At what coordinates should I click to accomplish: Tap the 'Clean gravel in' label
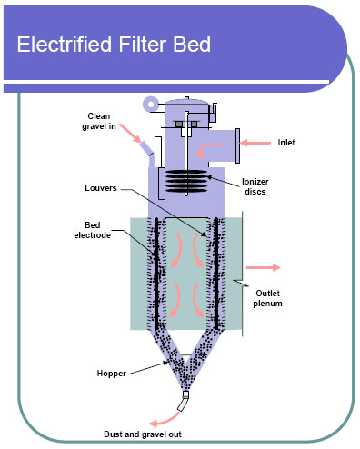click(101, 122)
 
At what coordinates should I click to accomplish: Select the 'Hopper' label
click(111, 373)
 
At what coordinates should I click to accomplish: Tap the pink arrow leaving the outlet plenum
click(265, 268)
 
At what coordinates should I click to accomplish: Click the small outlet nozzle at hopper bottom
click(185, 398)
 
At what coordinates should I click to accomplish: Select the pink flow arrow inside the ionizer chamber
click(210, 145)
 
